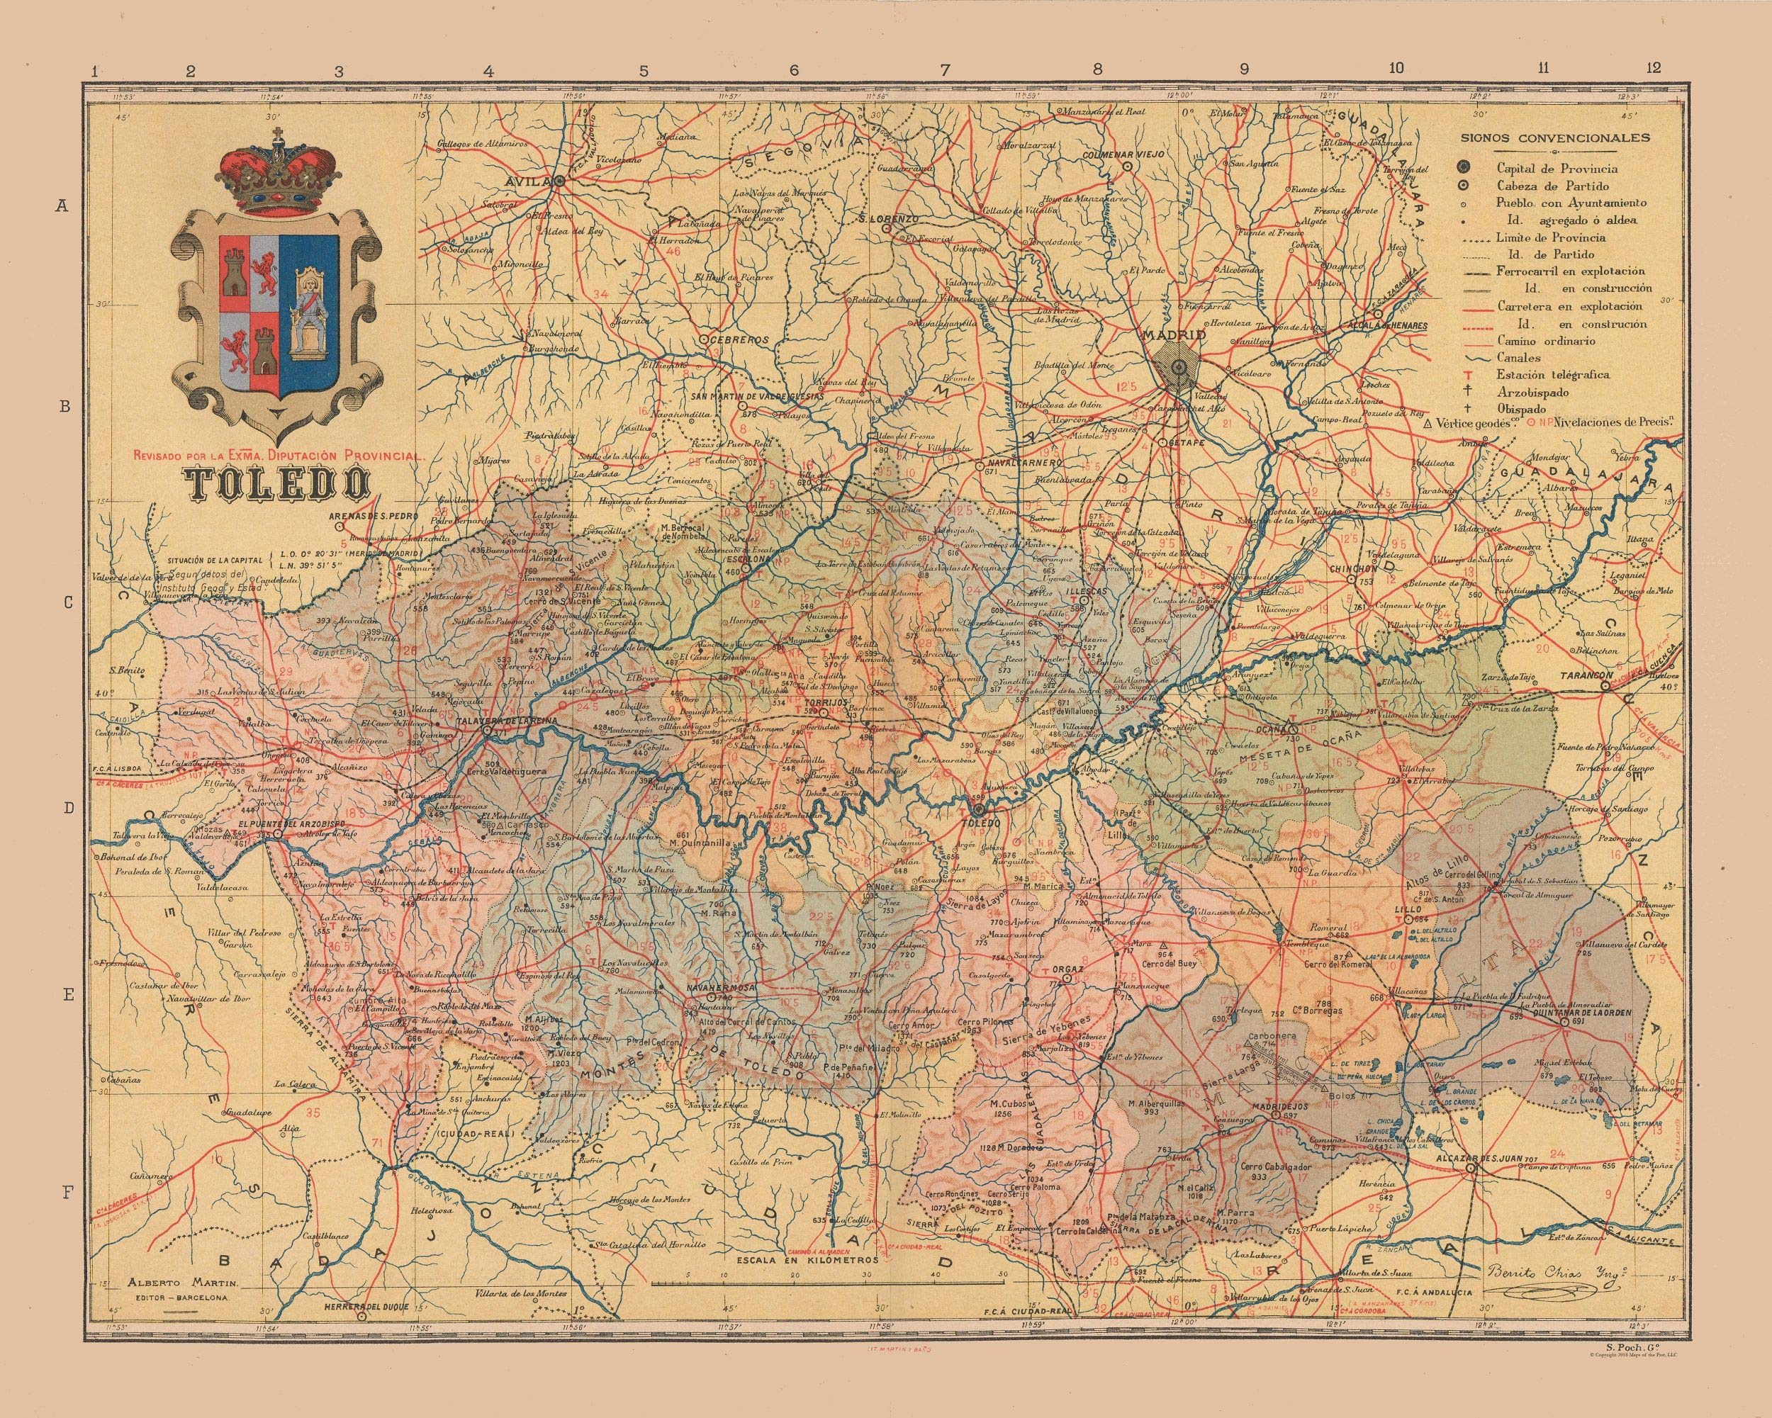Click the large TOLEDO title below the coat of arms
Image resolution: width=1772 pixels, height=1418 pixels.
coord(277,485)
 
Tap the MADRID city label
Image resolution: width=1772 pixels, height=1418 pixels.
coord(1174,336)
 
